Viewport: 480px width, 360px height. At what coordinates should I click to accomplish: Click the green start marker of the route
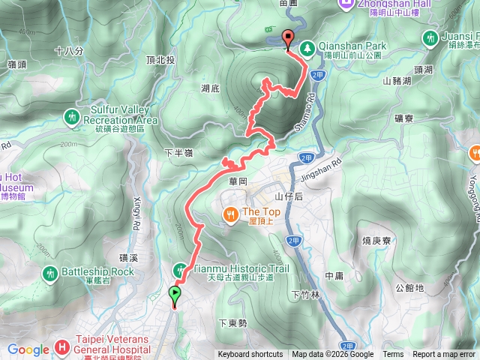[x=175, y=295]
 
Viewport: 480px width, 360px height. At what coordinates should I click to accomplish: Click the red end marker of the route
[x=288, y=40]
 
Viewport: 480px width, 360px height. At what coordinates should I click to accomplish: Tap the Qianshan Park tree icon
[x=308, y=49]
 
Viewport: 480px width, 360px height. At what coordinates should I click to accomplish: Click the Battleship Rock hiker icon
[x=50, y=272]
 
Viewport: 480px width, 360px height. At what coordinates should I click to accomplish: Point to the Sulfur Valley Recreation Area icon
[x=71, y=117]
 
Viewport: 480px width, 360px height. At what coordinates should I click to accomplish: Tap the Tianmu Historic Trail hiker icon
[x=181, y=269]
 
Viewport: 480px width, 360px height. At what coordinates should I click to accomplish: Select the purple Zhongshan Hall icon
[x=346, y=4]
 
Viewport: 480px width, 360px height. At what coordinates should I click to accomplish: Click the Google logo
[x=28, y=349]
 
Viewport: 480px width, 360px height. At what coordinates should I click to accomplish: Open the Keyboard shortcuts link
[x=250, y=355]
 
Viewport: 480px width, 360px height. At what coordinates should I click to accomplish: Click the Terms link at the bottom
[x=393, y=355]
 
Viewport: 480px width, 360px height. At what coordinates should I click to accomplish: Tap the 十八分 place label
[x=67, y=51]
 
